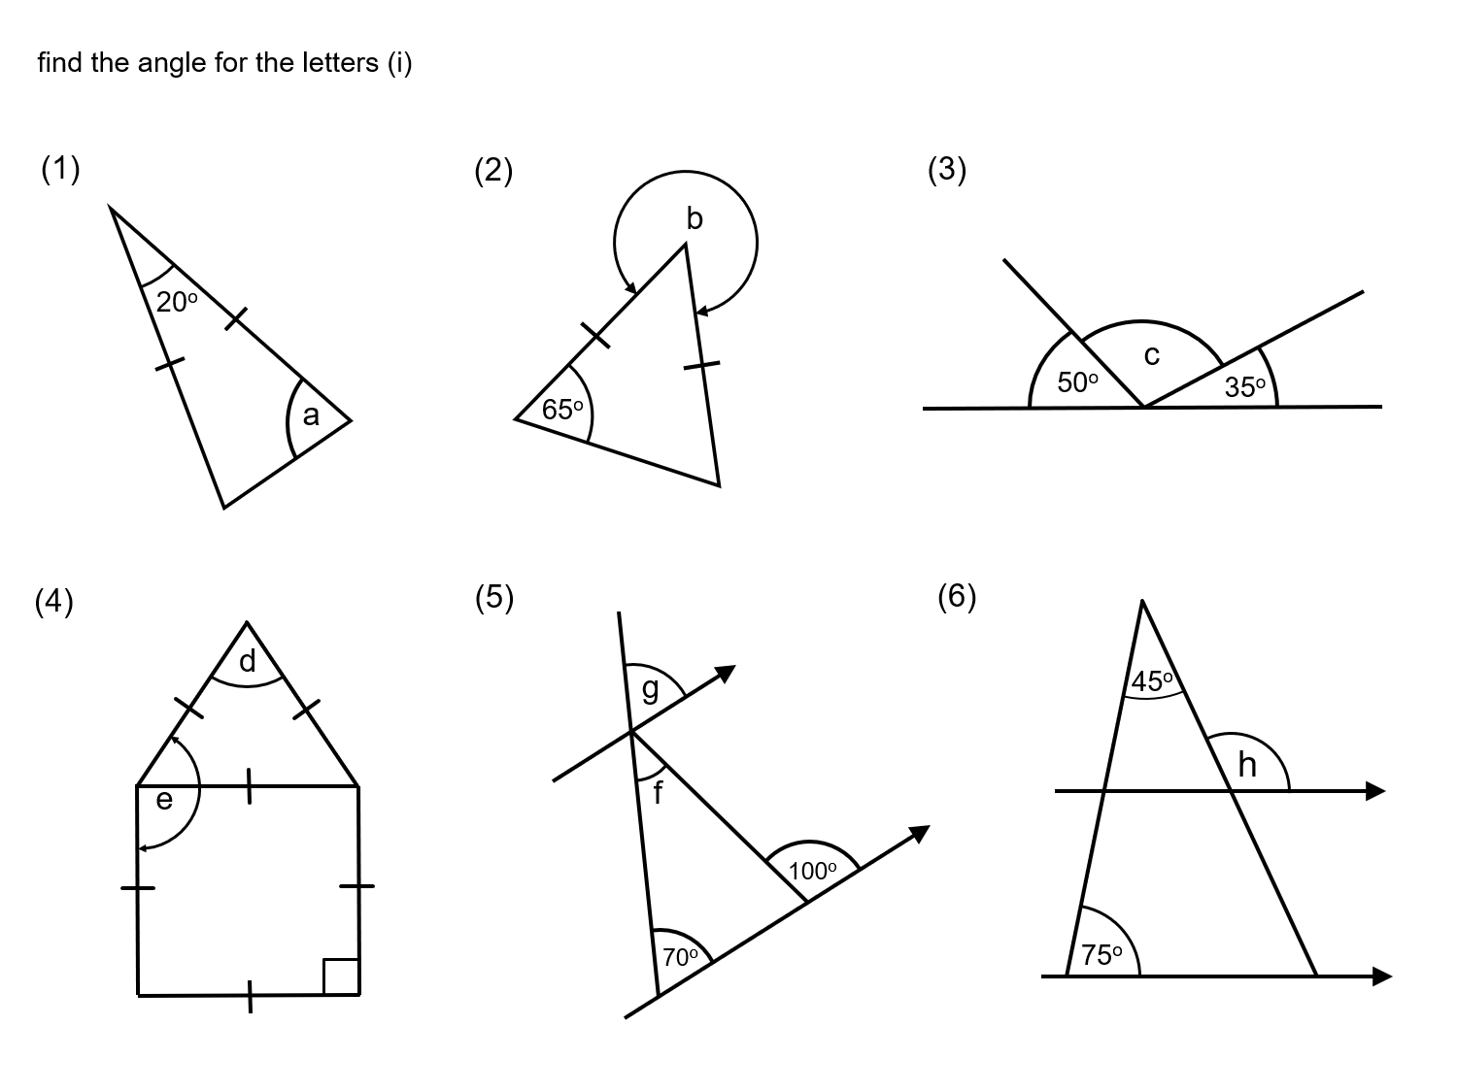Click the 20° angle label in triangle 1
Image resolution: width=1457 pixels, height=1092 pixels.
tap(177, 302)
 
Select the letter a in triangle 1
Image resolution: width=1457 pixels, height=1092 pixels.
tap(311, 415)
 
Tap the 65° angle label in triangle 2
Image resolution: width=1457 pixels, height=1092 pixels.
tap(563, 410)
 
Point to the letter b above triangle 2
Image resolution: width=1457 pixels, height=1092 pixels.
tap(694, 218)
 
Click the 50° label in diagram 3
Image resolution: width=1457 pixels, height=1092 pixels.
tap(1078, 382)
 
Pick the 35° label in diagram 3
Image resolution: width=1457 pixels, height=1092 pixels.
tap(1245, 387)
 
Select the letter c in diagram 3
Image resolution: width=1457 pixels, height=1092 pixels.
tap(1151, 356)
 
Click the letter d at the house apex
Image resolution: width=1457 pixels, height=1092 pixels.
tap(248, 661)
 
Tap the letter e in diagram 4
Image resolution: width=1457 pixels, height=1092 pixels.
tap(164, 799)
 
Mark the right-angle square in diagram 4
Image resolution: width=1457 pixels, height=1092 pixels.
tap(341, 976)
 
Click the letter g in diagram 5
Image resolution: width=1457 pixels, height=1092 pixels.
tap(650, 688)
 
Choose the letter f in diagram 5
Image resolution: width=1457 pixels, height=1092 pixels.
tap(658, 793)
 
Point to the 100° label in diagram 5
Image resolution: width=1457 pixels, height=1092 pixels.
tap(813, 871)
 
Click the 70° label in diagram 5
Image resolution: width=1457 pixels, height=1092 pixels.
tap(681, 956)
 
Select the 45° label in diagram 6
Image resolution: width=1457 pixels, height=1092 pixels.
tap(1153, 681)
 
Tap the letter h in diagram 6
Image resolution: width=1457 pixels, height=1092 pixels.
tap(1247, 766)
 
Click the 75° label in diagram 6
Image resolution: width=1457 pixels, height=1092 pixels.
tap(1102, 955)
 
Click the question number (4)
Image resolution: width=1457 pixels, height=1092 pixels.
tap(54, 602)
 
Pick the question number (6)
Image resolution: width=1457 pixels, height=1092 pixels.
tap(957, 596)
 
